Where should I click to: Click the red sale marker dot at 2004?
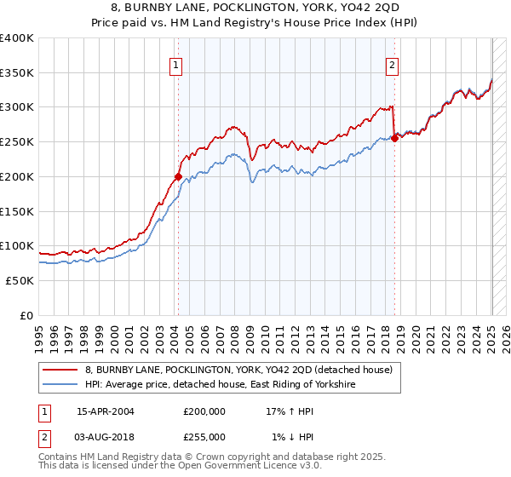(178, 177)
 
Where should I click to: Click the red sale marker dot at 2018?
(394, 139)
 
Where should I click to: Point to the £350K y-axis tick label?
(17, 73)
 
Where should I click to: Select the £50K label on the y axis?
(20, 280)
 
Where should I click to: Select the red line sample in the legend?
(60, 370)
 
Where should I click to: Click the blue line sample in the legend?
(60, 385)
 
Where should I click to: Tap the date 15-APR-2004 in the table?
(106, 411)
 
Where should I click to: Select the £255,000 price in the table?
(204, 436)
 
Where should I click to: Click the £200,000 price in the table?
(204, 411)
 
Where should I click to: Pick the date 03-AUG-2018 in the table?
(106, 436)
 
